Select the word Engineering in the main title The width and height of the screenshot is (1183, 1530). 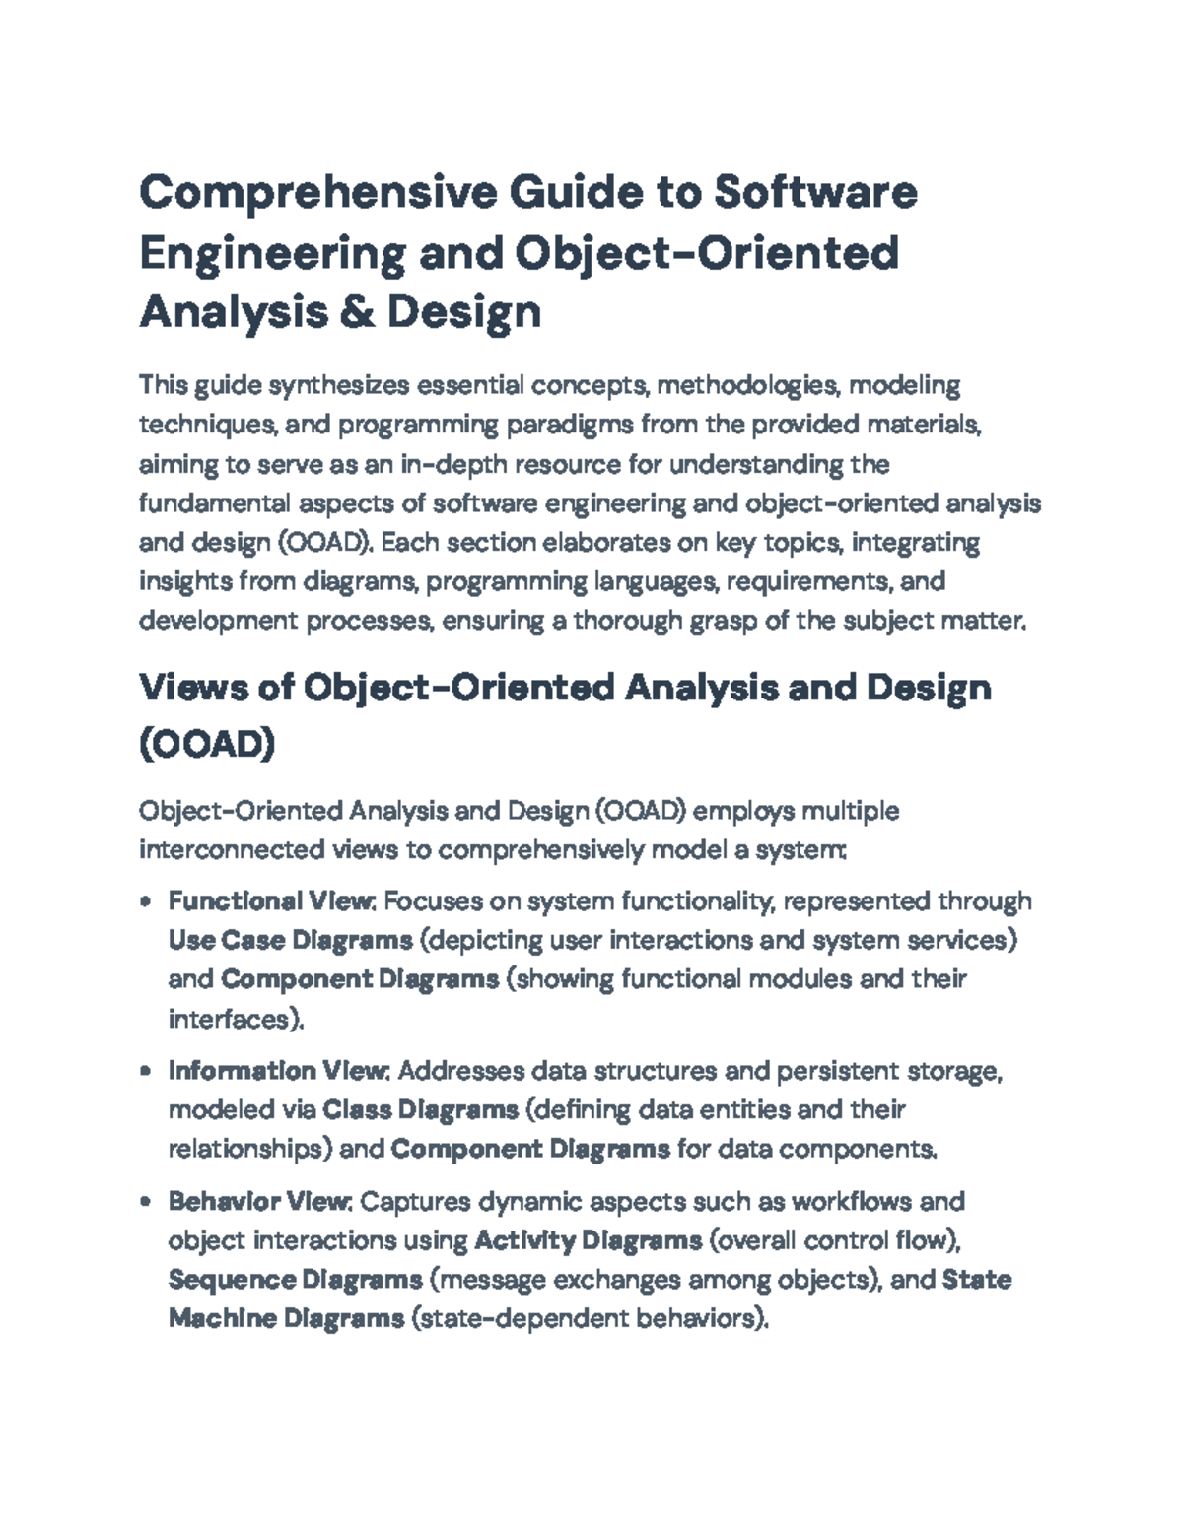(271, 252)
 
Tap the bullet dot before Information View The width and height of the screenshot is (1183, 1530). (146, 1071)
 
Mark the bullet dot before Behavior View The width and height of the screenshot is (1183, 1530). (146, 1202)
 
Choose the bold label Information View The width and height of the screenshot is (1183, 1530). (280, 1071)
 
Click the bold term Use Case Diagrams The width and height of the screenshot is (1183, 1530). (290, 940)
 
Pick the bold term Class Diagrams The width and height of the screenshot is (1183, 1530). (420, 1110)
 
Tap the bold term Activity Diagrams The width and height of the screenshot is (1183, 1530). (588, 1240)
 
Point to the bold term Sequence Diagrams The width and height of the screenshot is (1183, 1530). (295, 1280)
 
